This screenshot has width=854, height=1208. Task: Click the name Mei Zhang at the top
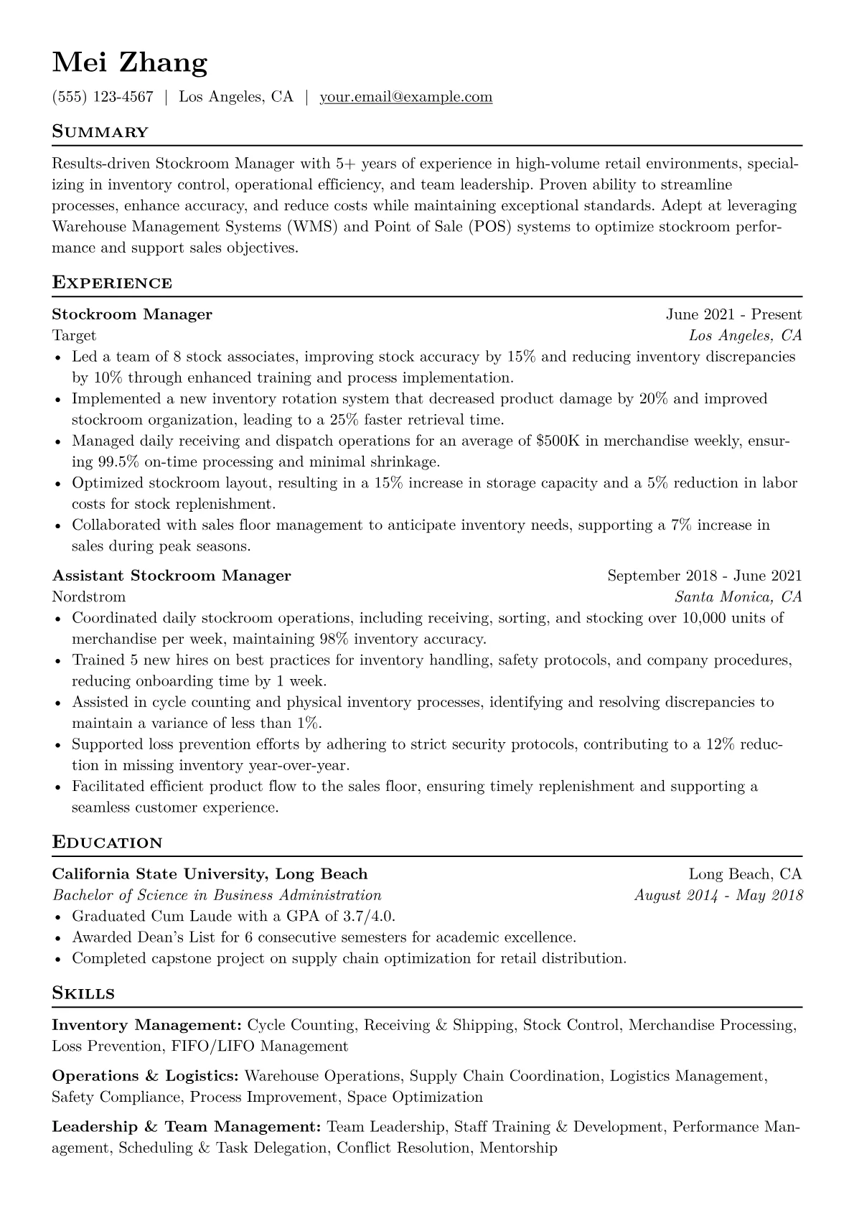click(130, 64)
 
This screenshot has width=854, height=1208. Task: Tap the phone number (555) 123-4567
click(103, 97)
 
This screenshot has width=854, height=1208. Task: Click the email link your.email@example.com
click(405, 97)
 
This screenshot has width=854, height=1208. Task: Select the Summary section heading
click(100, 132)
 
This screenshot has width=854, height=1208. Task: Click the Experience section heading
click(112, 283)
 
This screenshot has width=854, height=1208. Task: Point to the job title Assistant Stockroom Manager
click(172, 576)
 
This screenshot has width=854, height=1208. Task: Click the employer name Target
click(74, 335)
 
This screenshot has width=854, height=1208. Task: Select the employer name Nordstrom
click(88, 596)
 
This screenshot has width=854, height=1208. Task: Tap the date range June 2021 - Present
click(733, 314)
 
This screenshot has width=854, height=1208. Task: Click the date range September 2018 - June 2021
click(704, 576)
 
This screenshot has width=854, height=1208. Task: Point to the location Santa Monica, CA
click(738, 596)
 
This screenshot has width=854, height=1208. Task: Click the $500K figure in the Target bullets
click(558, 441)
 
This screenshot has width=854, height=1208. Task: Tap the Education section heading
click(107, 843)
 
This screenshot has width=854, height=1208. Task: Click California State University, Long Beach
click(210, 874)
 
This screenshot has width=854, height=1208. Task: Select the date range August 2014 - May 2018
click(718, 895)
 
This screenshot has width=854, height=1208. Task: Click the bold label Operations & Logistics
click(145, 1076)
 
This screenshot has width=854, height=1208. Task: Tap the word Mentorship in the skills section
click(517, 1148)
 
